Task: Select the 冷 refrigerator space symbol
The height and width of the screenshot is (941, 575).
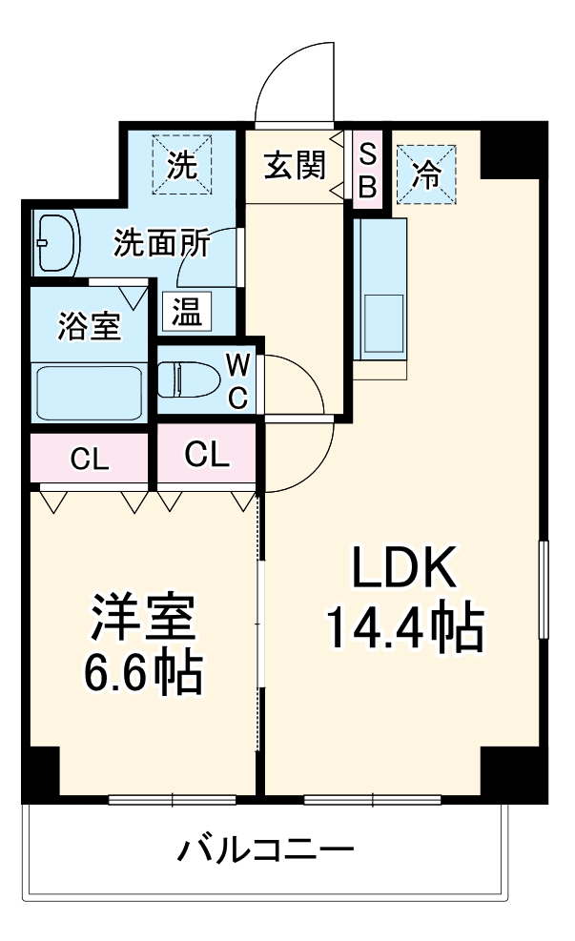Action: [x=426, y=173]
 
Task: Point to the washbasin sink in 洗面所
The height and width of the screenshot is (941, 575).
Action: [x=56, y=242]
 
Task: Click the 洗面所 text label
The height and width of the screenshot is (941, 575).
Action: [x=161, y=243]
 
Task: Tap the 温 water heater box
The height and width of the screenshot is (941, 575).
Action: [x=186, y=312]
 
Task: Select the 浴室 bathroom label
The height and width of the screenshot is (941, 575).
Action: [x=89, y=326]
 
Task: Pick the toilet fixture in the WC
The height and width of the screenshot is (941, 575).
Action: [x=186, y=378]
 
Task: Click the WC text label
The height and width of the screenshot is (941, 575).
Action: [x=238, y=379]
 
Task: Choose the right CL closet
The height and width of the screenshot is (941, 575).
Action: [x=207, y=455]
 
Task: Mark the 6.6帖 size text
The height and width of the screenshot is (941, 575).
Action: [x=142, y=673]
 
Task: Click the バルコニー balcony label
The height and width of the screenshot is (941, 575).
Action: [x=266, y=848]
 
